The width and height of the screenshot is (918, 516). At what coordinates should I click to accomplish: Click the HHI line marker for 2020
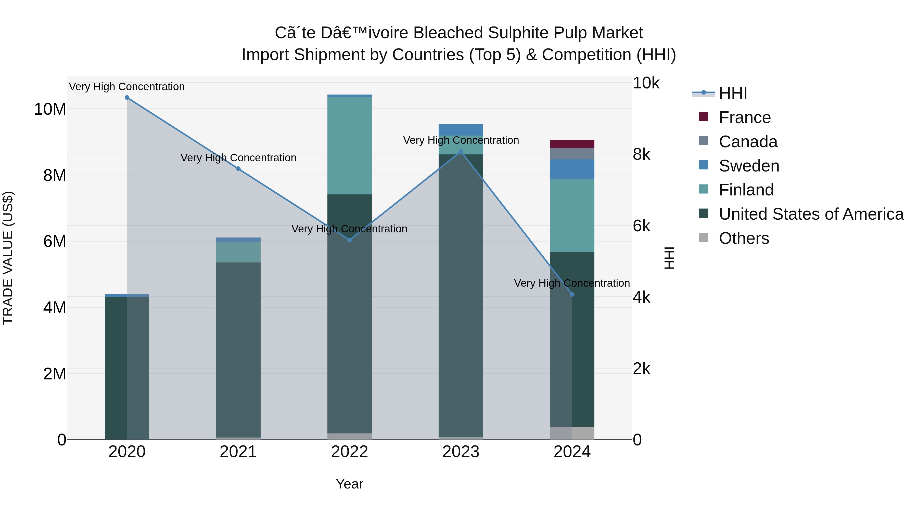click(127, 98)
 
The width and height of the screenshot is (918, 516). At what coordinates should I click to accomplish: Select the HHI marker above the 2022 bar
click(350, 240)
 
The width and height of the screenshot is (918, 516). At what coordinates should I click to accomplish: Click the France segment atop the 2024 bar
click(572, 144)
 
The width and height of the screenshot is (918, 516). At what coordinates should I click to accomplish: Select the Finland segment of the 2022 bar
click(350, 146)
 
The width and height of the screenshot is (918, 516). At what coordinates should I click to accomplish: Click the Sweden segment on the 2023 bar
click(461, 130)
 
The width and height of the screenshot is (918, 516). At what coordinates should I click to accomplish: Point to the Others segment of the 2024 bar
click(572, 433)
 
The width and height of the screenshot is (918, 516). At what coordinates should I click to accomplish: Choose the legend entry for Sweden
click(749, 166)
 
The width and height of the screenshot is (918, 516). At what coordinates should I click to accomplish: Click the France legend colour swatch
click(704, 117)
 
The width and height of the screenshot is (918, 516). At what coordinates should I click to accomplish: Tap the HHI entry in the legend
click(733, 93)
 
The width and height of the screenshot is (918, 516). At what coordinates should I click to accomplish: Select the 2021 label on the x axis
click(238, 452)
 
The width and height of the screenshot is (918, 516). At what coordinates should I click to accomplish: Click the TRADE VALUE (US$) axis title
click(8, 258)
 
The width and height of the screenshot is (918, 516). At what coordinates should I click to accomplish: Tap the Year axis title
click(349, 484)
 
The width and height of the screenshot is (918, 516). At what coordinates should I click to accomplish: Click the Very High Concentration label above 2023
click(461, 140)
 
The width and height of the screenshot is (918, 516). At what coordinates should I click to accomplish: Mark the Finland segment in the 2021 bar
click(238, 252)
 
